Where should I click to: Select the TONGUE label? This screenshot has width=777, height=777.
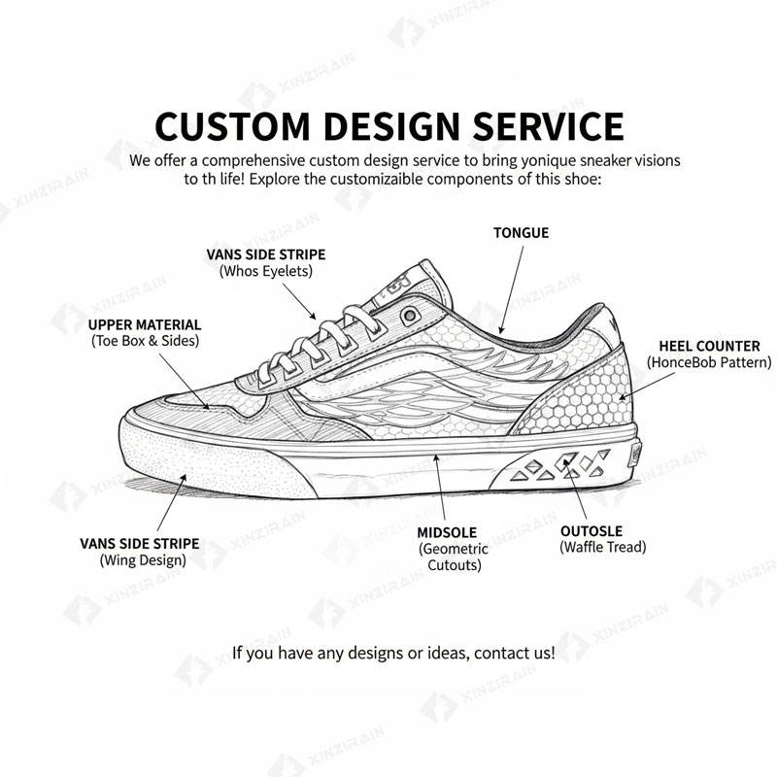point(521,233)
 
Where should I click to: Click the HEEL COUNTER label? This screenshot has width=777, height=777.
point(709,346)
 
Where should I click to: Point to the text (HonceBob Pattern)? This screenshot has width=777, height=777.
point(709,362)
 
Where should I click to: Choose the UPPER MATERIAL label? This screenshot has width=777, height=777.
point(145,324)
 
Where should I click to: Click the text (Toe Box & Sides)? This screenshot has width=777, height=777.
point(145,341)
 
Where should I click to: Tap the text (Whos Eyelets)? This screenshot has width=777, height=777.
point(265,271)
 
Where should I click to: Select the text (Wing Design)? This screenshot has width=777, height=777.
point(143,559)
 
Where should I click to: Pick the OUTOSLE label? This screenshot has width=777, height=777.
point(591,531)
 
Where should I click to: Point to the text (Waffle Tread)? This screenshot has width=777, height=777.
point(602,548)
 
